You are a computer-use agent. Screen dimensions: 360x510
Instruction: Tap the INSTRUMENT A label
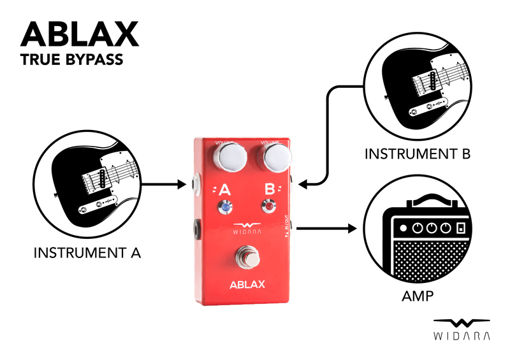click(87, 253)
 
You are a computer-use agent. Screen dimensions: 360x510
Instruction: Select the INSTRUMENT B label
click(418, 154)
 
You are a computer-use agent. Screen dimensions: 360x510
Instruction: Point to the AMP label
click(418, 296)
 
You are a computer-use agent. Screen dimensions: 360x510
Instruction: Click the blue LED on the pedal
click(226, 206)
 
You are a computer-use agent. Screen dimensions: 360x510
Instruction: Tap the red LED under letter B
click(270, 206)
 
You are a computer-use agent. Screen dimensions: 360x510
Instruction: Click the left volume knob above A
click(231, 156)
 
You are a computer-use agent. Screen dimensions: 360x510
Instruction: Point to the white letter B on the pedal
click(270, 189)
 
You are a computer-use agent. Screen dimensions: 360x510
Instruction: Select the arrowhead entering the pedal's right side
click(302, 185)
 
